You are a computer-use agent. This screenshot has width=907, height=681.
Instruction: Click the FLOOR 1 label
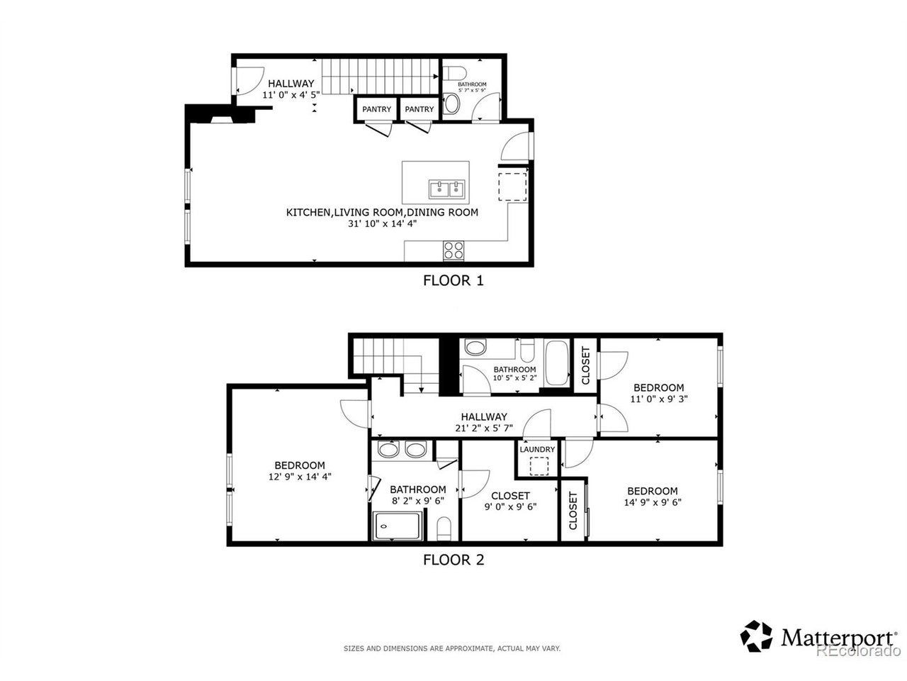(x=453, y=280)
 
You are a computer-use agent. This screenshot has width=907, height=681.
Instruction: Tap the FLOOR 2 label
(x=453, y=560)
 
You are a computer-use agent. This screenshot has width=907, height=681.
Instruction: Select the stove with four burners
(x=453, y=250)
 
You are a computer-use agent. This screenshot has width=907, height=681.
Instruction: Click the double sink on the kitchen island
(x=446, y=189)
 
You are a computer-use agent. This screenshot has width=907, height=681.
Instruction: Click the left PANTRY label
(x=376, y=109)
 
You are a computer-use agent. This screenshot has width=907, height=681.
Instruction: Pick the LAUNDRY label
(x=537, y=450)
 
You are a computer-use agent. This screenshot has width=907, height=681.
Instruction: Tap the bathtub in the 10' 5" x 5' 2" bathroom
(x=557, y=362)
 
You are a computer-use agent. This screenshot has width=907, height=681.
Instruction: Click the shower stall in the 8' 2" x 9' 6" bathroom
(x=398, y=526)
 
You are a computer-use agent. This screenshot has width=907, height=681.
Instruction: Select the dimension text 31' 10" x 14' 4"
(x=382, y=223)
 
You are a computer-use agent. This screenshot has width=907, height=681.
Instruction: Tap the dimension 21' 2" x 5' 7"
(x=484, y=428)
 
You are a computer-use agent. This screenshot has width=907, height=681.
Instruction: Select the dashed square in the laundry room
(x=539, y=466)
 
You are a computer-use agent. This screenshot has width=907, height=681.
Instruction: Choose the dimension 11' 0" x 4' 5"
(x=291, y=94)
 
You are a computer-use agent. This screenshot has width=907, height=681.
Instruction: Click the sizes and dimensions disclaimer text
(x=452, y=649)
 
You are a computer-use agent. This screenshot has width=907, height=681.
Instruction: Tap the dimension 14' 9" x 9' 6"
(x=653, y=502)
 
